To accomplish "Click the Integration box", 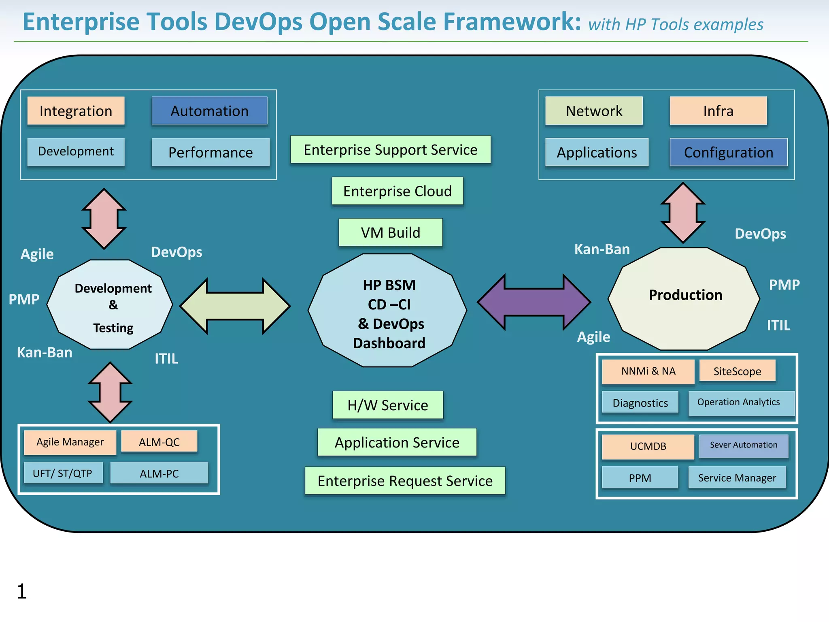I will [76, 111].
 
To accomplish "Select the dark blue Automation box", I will [209, 111].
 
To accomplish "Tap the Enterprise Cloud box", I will [397, 191].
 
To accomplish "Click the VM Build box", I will [390, 232].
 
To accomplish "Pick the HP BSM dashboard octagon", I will [388, 311].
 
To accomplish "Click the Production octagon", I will [684, 299].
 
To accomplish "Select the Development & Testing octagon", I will [110, 305].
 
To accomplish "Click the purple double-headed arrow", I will [534, 302].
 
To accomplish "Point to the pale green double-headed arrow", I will [235, 306].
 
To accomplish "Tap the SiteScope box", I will [737, 371].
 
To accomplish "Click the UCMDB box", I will [648, 446].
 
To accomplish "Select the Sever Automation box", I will [744, 445].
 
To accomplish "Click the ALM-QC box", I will [159, 442].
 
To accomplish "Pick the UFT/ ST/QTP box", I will [63, 473].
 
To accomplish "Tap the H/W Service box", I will [387, 405].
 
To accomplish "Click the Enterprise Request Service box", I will [405, 481].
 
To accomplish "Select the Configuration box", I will [728, 152].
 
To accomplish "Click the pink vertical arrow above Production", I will [683, 213].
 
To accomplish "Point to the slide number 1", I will [22, 591].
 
